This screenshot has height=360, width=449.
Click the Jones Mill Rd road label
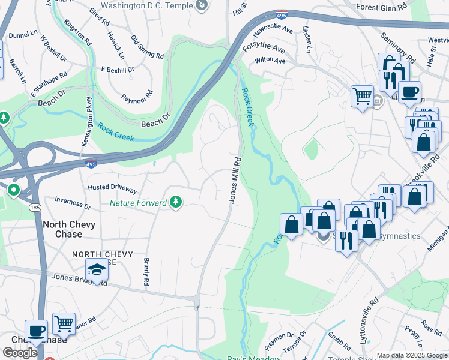(234, 180)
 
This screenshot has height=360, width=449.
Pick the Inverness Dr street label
(72, 203)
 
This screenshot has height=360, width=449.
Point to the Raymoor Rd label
(137, 97)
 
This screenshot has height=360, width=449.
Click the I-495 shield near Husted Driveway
(90, 163)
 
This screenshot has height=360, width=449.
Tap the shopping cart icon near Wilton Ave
(362, 95)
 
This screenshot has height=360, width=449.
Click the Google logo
(20, 353)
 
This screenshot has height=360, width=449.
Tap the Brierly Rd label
(146, 272)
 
